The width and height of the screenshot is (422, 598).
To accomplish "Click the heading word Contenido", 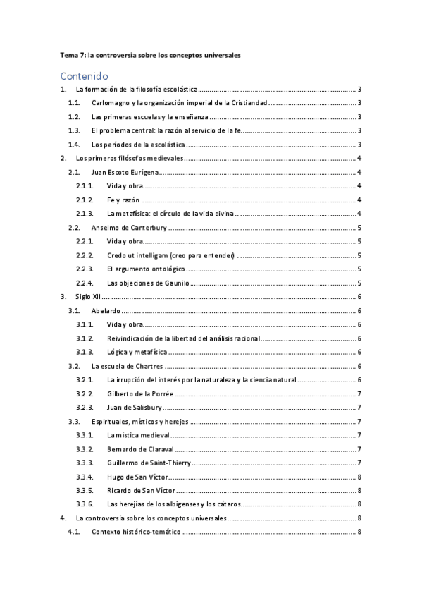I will (x=84, y=75).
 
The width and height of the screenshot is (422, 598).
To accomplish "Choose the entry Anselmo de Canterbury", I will (x=128, y=227).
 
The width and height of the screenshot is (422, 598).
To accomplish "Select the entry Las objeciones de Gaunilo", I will (x=149, y=282).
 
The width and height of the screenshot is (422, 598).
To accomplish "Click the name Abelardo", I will (x=106, y=310).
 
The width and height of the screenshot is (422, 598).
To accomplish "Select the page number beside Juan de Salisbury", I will (x=360, y=407).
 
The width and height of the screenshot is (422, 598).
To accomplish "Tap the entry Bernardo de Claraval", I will (x=139, y=448).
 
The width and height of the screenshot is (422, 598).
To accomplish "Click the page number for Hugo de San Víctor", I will (x=360, y=476).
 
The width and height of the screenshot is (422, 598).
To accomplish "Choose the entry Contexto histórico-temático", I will (x=136, y=531).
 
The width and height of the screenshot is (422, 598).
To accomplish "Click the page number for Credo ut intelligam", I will (x=360, y=255).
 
